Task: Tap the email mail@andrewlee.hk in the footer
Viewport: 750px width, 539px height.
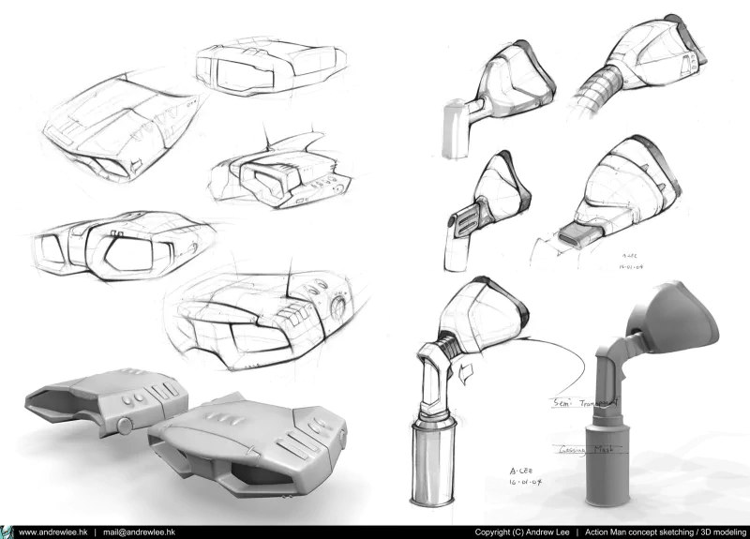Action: pos(140,532)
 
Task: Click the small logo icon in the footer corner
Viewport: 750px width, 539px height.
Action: pos(6,532)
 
